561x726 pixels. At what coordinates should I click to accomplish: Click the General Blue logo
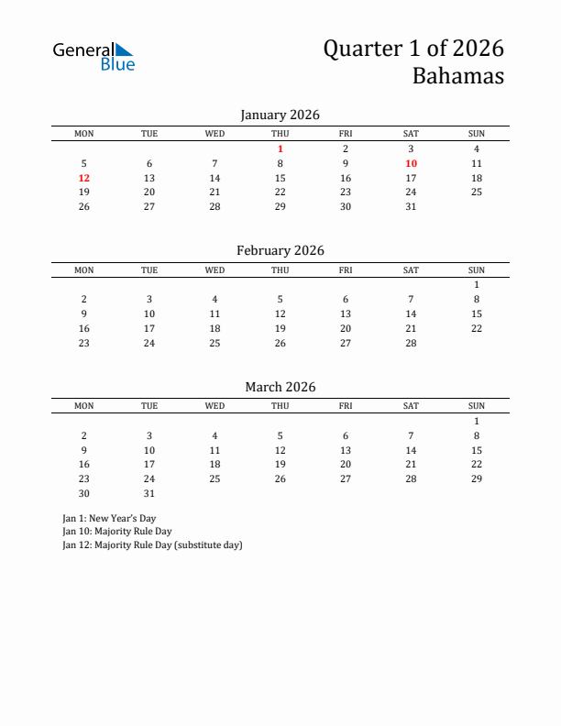93,56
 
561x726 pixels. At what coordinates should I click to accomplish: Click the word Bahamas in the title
457,76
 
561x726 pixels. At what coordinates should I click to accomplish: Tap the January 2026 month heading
280,115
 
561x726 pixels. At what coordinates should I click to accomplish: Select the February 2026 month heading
280,250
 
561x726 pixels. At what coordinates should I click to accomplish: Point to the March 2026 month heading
280,387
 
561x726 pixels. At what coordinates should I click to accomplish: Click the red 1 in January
280,148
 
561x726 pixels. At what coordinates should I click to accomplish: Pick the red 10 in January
411,163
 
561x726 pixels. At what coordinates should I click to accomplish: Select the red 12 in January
84,178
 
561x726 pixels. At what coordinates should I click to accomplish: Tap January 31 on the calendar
411,206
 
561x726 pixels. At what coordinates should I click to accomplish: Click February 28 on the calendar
411,343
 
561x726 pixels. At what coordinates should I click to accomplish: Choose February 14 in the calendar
411,313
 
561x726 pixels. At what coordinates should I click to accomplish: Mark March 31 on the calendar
149,493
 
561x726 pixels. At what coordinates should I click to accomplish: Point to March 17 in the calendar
149,465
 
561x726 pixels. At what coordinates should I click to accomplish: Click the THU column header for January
280,134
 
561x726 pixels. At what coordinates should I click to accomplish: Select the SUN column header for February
477,270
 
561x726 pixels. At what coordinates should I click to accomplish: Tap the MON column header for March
84,406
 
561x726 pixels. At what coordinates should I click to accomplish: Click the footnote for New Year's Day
109,518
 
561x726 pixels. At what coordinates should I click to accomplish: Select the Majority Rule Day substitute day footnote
152,544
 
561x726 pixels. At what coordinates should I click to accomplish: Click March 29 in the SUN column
477,478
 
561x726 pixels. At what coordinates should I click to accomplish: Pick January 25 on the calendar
477,192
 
